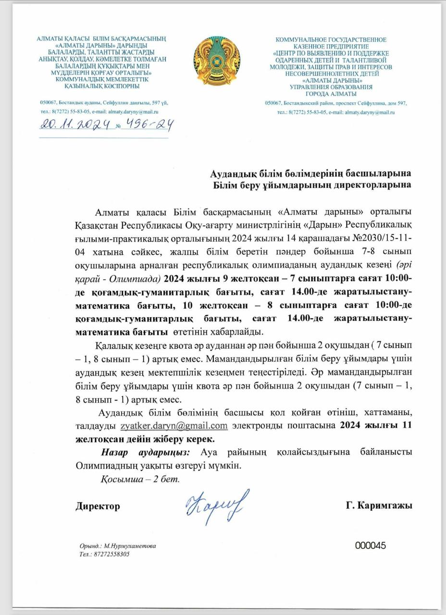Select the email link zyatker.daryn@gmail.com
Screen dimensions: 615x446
coord(174,426)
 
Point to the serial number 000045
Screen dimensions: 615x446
coord(371,545)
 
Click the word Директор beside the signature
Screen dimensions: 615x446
coord(98,506)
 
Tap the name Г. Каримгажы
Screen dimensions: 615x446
coord(379,506)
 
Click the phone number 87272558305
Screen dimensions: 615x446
coord(111,554)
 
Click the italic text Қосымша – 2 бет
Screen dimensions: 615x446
coord(140,479)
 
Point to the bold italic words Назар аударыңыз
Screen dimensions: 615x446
coord(146,452)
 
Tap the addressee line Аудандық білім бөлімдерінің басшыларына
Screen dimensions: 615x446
coord(311,173)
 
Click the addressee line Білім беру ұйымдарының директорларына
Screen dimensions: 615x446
coord(312,185)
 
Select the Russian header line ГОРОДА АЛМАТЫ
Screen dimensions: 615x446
coord(330,94)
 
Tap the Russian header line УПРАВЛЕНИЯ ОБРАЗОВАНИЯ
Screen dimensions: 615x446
coord(330,87)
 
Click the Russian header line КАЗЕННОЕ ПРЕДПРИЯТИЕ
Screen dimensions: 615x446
coord(331,46)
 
